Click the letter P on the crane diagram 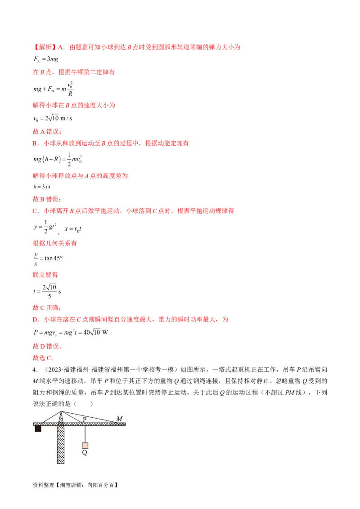85,420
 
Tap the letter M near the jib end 119,419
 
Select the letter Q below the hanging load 85,453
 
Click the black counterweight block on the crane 38,429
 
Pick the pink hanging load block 85,446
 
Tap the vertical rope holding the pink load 85,433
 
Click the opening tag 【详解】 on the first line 42,47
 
